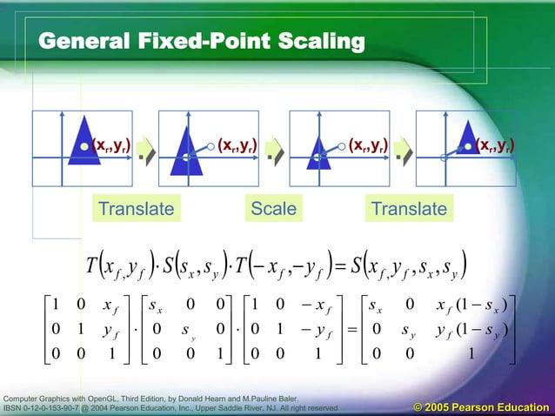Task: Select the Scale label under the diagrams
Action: [x=272, y=209]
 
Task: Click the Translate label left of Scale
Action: [x=136, y=209]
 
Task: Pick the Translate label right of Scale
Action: [x=408, y=209]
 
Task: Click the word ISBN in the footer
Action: [x=17, y=407]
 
